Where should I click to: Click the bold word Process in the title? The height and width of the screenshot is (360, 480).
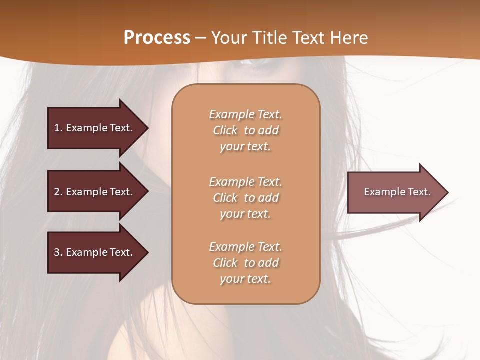pos(157,38)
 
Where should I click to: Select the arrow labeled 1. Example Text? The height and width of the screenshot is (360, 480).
pos(95,128)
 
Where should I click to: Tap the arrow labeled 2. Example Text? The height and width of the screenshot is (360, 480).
pos(95,192)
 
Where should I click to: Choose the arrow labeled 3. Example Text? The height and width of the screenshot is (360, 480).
pos(95,252)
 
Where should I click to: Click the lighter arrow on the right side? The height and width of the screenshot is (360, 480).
pos(395,192)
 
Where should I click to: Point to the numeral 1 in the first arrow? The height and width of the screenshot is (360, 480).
pos(57,128)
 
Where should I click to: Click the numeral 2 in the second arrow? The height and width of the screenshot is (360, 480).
pos(57,192)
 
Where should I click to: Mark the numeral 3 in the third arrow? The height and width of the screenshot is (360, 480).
pos(57,252)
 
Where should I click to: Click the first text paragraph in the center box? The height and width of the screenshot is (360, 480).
pos(245,130)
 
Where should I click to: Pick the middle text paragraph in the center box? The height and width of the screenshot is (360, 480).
pos(245,198)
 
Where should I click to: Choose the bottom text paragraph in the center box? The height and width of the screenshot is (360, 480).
pos(245,263)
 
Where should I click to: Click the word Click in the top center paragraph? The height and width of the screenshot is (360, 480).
pos(225,130)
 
